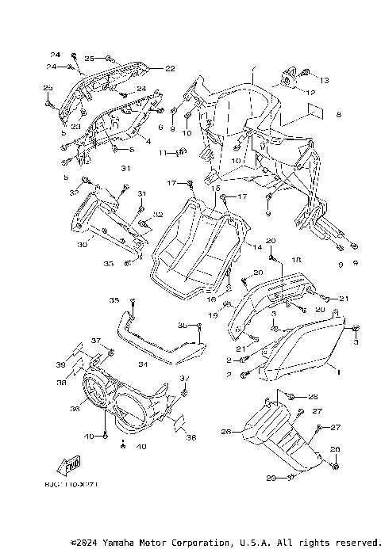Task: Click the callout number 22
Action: pos(170,68)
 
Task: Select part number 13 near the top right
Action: pos(324,81)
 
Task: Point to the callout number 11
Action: pos(161,152)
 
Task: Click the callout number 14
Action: pos(257,248)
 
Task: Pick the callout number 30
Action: pos(82,245)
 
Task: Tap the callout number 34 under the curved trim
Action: pos(143,364)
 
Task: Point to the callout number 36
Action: pos(76,409)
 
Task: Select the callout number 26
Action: pos(225,432)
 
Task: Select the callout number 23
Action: pos(76,127)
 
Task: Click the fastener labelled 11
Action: pos(179,153)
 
